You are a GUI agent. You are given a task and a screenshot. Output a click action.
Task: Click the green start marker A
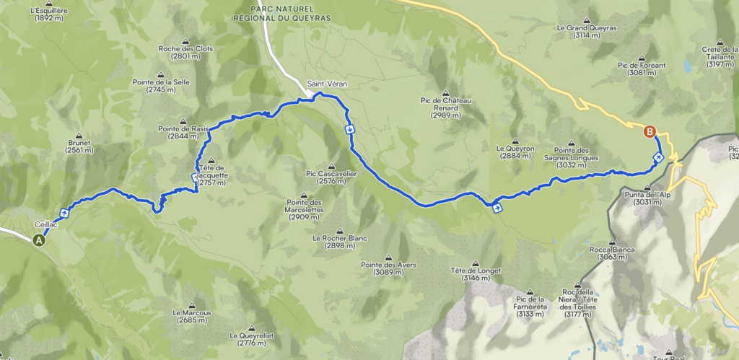(x=39, y=242)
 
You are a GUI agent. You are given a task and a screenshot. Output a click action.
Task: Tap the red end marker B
(x=650, y=131)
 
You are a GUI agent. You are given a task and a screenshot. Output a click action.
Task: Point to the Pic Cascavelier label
(x=332, y=177)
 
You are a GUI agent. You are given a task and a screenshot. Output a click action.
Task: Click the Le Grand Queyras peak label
(x=587, y=31)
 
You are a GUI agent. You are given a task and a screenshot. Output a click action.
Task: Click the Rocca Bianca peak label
(x=612, y=253)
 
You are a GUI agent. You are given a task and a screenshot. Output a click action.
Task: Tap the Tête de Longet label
(x=476, y=274)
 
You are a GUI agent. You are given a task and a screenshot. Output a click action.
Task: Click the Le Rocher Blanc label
(x=333, y=242)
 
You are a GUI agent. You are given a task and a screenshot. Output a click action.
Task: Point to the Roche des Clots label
(x=185, y=52)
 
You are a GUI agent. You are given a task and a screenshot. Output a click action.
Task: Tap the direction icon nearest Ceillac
(x=65, y=212)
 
